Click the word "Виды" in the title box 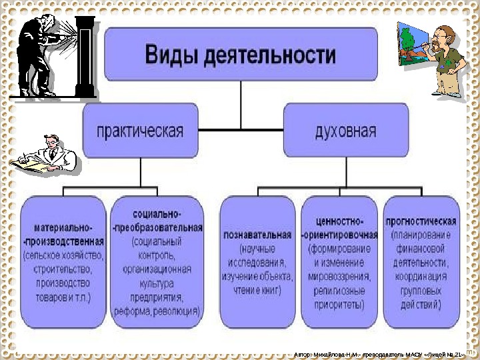tap(171, 53)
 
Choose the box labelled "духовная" tap(345, 130)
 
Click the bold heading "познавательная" tap(258, 235)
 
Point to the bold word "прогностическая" tap(421, 221)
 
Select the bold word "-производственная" tap(64, 241)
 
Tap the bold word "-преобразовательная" tap(157, 228)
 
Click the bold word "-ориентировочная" tap(340, 235)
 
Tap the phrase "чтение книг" tap(258, 291)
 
